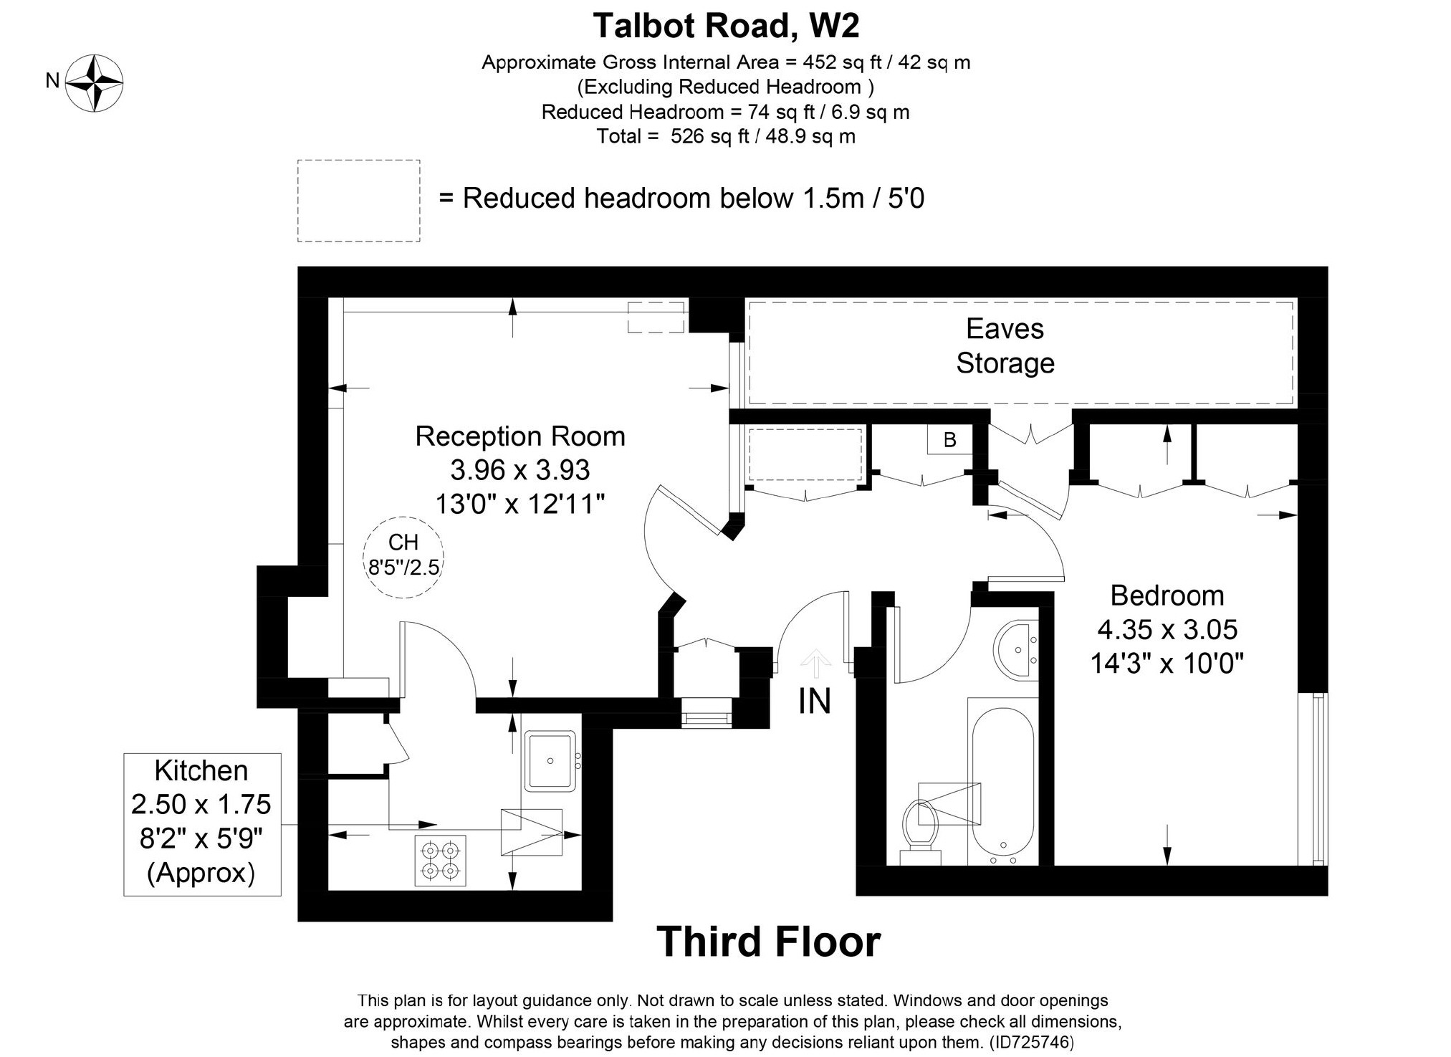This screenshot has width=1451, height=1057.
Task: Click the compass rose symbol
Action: (x=95, y=82)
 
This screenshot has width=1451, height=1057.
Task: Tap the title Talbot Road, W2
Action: (x=726, y=27)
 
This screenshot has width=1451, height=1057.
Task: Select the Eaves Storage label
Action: (x=1005, y=346)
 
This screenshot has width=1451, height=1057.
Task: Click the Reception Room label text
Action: (x=520, y=436)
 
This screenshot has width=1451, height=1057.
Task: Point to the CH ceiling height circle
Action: (x=403, y=557)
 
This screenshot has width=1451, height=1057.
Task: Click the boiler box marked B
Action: (x=949, y=439)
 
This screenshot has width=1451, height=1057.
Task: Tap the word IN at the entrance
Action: (x=815, y=702)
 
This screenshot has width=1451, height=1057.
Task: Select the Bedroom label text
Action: (x=1167, y=596)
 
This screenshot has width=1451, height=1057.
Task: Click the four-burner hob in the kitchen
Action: (x=440, y=861)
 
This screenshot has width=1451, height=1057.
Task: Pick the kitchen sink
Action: (x=550, y=761)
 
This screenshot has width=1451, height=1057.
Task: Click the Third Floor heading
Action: (x=768, y=942)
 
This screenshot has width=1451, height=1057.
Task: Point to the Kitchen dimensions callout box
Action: (x=202, y=823)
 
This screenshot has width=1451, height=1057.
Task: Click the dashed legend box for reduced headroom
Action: (x=358, y=201)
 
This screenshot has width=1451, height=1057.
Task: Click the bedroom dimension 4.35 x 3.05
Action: (x=1167, y=629)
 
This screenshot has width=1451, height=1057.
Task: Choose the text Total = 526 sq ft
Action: (x=726, y=136)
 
